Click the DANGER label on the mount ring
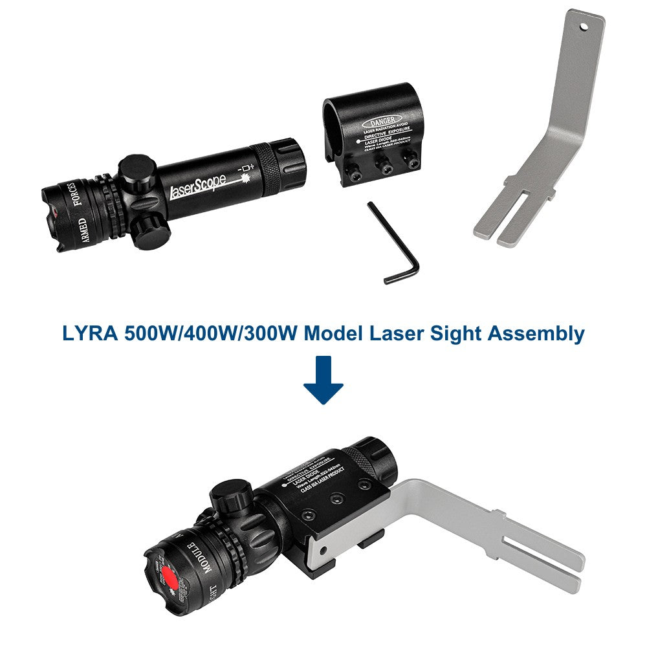[x=384, y=122]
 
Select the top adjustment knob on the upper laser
[x=137, y=170]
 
